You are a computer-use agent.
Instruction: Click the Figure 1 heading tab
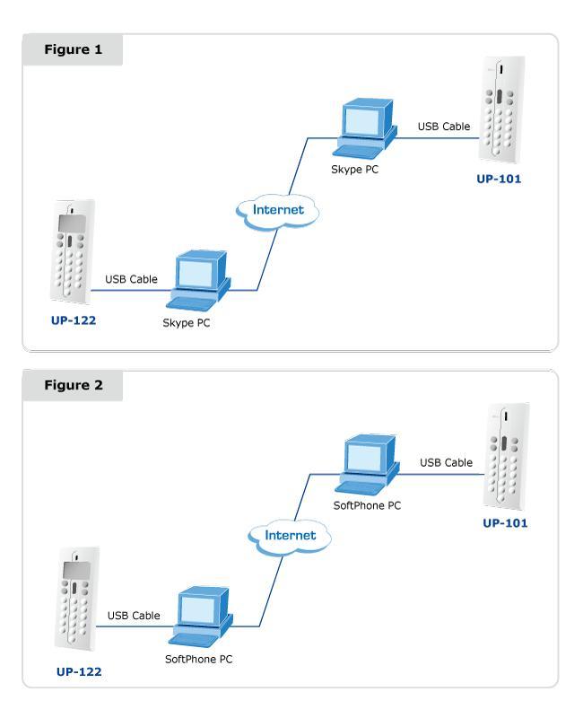click(x=73, y=49)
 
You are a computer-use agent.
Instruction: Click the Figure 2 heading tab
click(x=73, y=386)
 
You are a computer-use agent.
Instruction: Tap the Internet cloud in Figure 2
click(x=290, y=535)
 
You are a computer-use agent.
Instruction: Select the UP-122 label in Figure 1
click(x=72, y=320)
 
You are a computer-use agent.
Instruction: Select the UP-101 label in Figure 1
click(x=499, y=179)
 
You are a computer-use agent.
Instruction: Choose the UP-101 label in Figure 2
click(x=505, y=524)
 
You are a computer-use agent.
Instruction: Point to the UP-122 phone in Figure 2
click(x=77, y=602)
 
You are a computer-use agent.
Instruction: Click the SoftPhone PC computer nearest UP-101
click(x=370, y=465)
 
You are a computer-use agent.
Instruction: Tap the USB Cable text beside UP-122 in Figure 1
click(x=131, y=279)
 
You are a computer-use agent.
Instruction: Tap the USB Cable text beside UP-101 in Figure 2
click(x=447, y=463)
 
